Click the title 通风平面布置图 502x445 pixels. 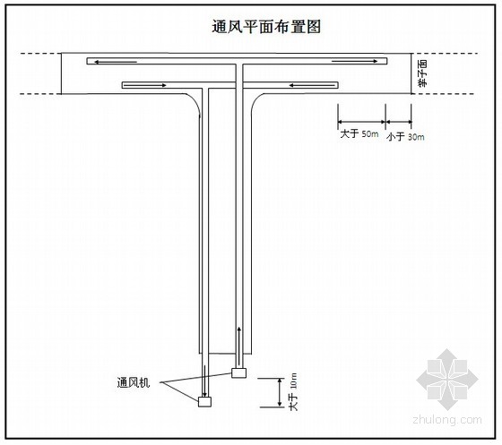(x=266, y=27)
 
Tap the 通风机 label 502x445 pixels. (x=134, y=382)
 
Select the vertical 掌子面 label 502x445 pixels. (x=422, y=73)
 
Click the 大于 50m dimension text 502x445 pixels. (x=359, y=133)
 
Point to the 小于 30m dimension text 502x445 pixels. (x=405, y=137)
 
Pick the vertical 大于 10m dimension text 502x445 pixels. (x=293, y=391)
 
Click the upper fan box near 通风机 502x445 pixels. (x=238, y=372)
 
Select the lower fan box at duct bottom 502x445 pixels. (x=204, y=401)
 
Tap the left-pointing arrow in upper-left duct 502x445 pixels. (x=116, y=62)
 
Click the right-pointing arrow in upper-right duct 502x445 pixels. (x=354, y=61)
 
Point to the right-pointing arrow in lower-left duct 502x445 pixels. (x=145, y=85)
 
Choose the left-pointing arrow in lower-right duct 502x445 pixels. (x=312, y=85)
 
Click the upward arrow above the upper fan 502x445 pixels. (x=238, y=347)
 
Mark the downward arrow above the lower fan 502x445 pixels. (x=204, y=381)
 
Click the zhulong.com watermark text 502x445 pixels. (x=447, y=419)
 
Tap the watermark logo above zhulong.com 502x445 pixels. (x=447, y=380)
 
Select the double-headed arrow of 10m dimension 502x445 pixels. (x=281, y=392)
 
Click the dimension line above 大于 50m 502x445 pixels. (x=361, y=122)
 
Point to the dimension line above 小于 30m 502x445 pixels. (x=399, y=122)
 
